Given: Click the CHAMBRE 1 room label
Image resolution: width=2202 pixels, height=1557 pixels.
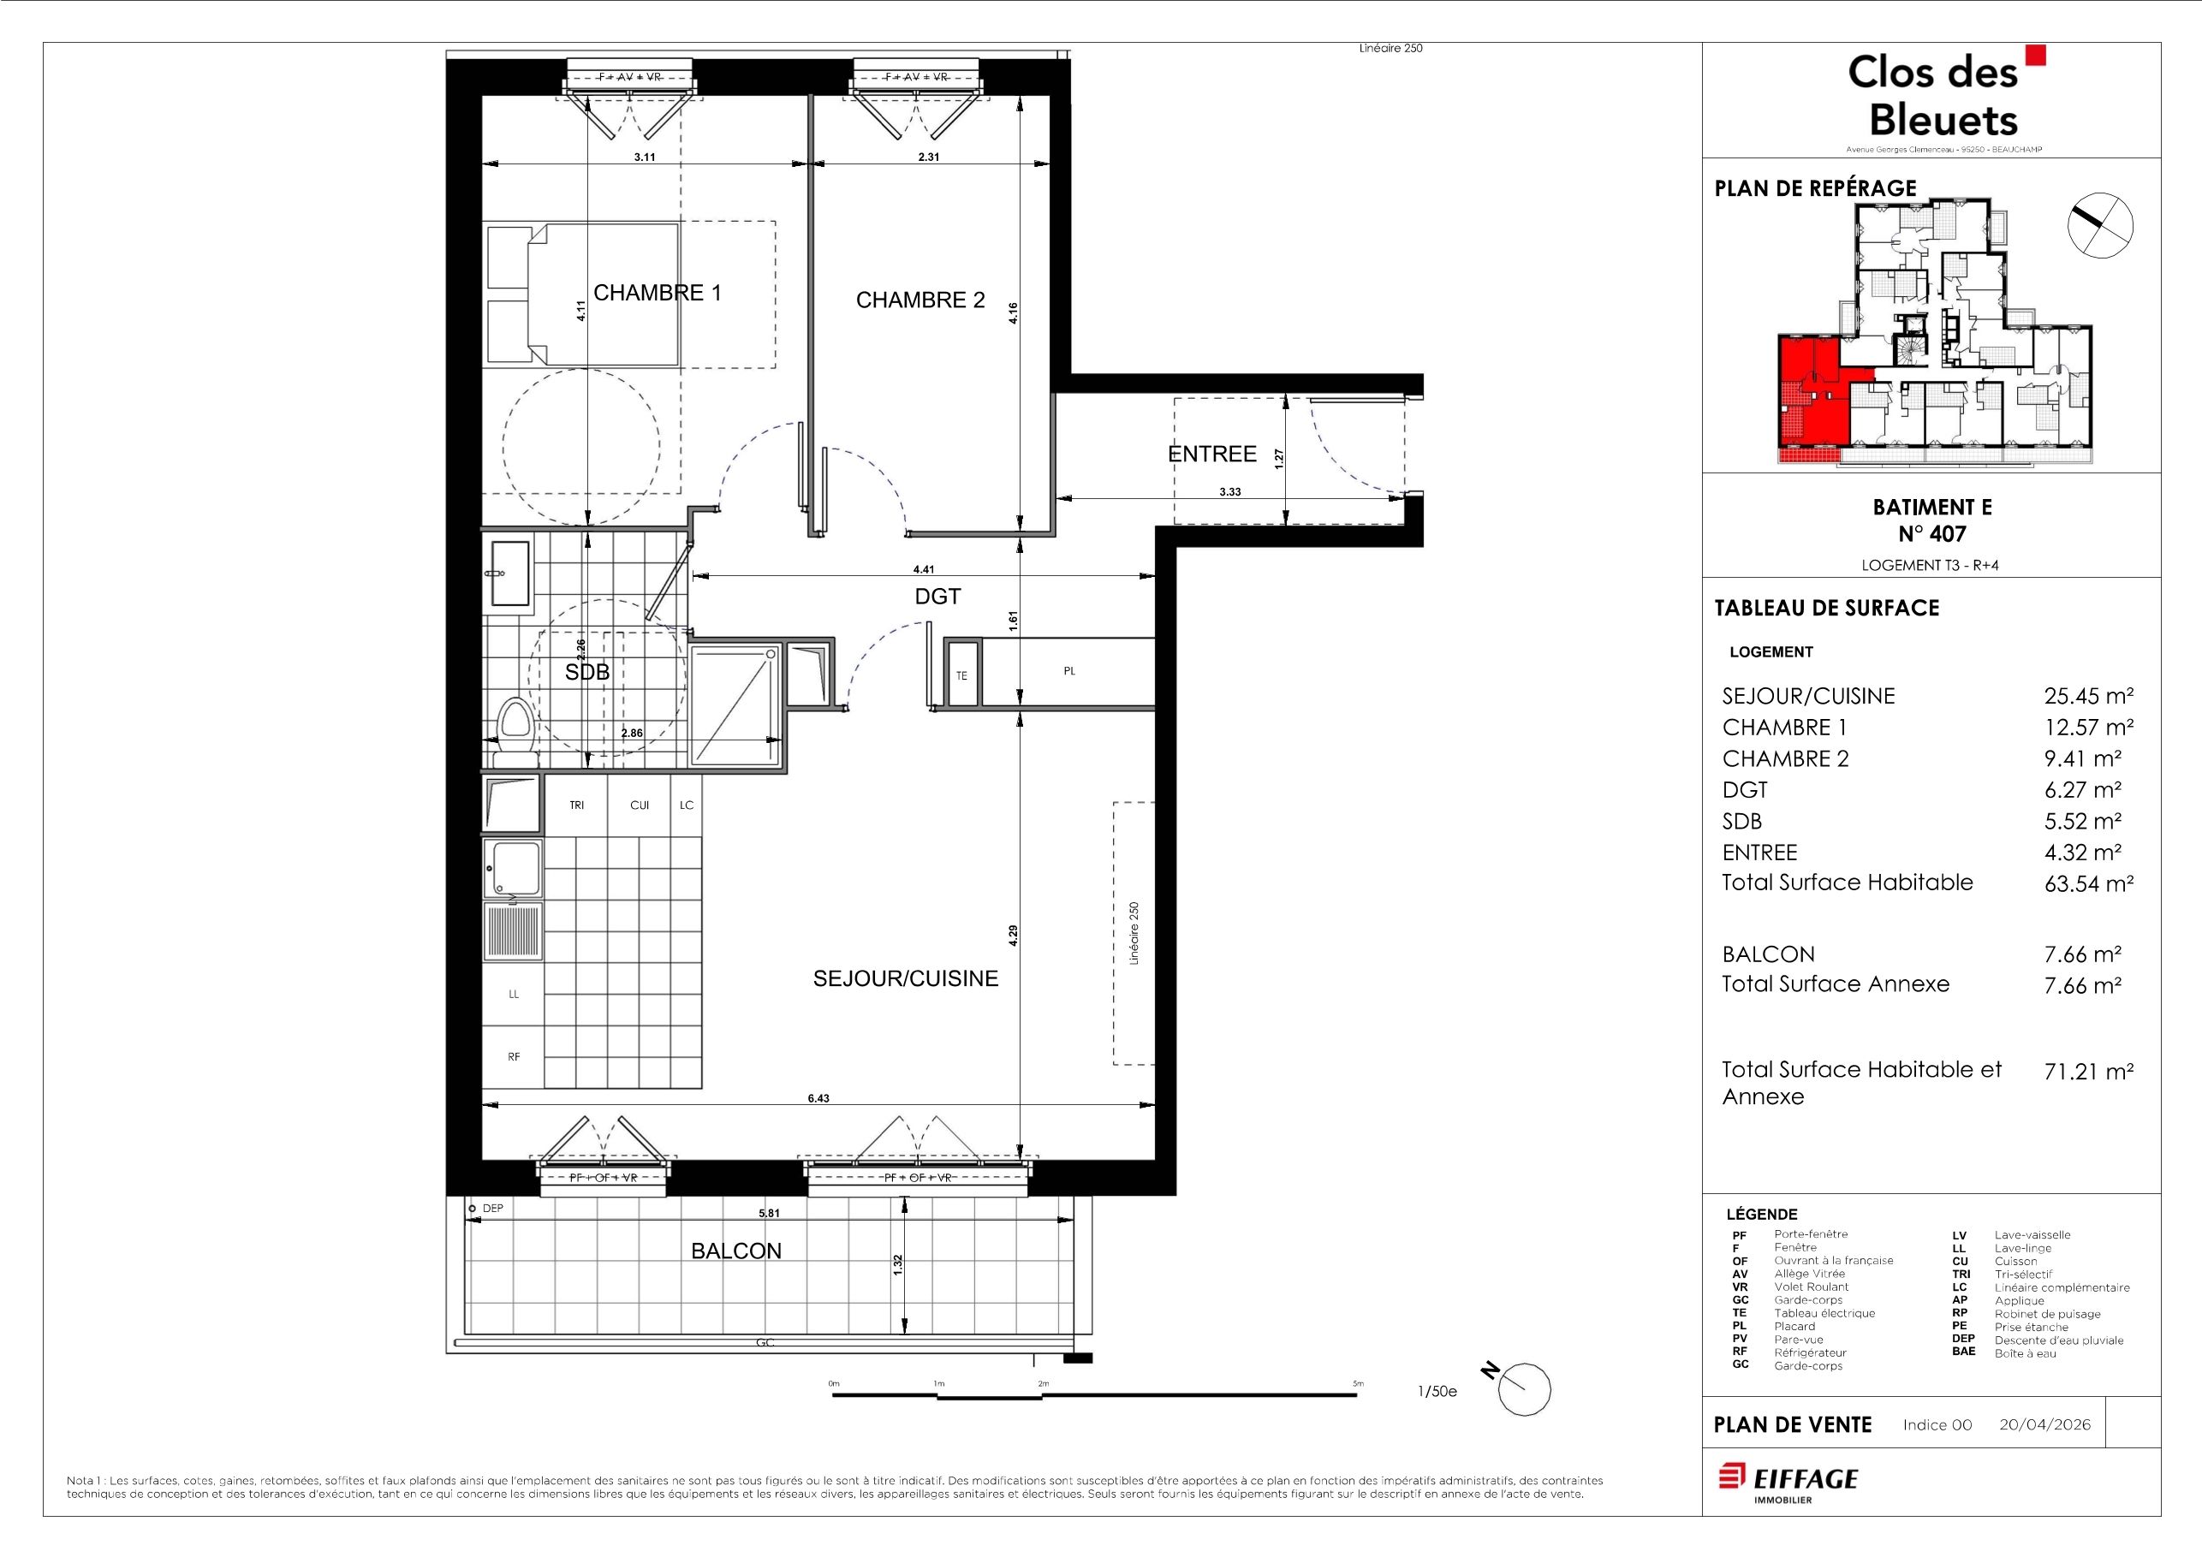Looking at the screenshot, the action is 657,293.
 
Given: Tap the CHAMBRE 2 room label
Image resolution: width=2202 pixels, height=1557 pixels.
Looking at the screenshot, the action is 919,300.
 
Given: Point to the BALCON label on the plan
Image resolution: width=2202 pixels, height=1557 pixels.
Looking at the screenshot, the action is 735,1251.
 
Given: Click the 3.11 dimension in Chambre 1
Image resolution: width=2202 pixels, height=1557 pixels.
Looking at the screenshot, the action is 645,157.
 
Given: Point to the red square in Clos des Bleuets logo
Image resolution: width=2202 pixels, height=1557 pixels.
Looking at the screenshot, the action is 2035,55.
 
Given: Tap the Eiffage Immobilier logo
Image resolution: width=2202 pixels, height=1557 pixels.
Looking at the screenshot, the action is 1787,1483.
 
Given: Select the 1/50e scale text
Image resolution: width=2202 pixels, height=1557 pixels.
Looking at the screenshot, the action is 1437,1391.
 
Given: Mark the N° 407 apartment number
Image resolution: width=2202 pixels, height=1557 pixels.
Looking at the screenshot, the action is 1932,533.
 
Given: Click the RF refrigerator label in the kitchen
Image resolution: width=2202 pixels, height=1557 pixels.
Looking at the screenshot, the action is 514,1056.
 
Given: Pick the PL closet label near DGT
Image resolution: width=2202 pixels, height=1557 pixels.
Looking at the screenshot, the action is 1069,671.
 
